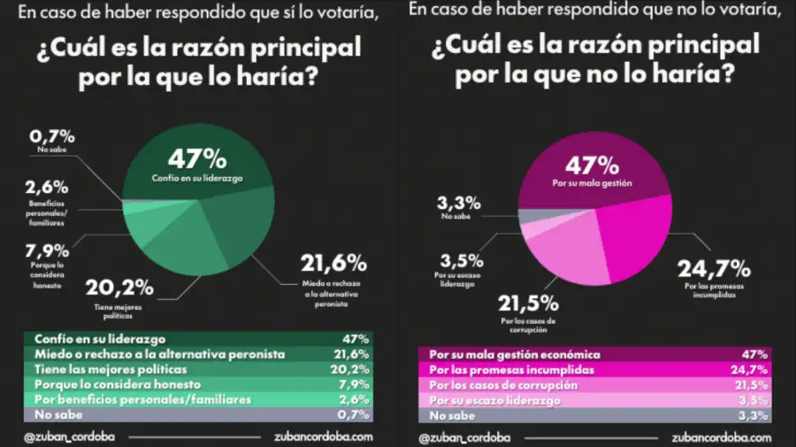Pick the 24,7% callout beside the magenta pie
coord(714,267)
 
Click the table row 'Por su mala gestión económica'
coord(593,353)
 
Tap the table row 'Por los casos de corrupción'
coord(593,385)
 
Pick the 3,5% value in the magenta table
coord(753,400)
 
